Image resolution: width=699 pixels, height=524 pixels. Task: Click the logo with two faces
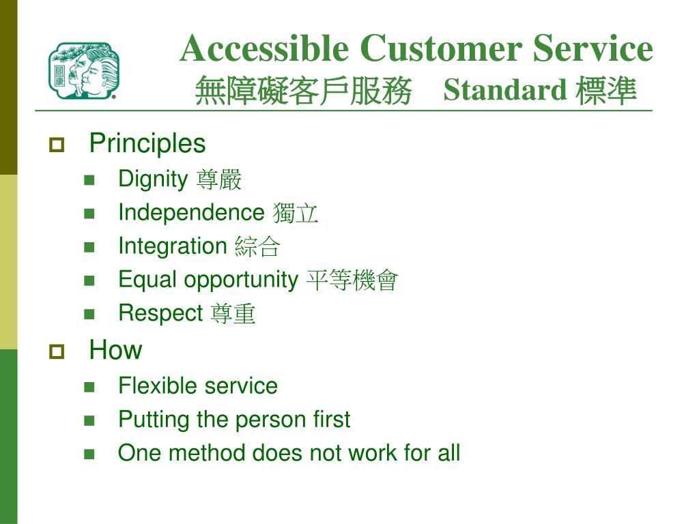pyautogui.click(x=84, y=70)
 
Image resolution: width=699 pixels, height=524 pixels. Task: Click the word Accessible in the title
pyautogui.click(x=264, y=48)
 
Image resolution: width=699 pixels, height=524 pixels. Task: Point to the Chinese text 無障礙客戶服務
pyautogui.click(x=303, y=91)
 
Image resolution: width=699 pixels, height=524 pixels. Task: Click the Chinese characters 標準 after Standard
pyautogui.click(x=605, y=91)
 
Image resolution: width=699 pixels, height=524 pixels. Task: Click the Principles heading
pyautogui.click(x=147, y=143)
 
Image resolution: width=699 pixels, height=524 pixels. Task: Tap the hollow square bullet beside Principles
pyautogui.click(x=57, y=145)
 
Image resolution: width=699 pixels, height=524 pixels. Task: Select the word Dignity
pyautogui.click(x=153, y=179)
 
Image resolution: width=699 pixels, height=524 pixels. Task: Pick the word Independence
pyautogui.click(x=191, y=212)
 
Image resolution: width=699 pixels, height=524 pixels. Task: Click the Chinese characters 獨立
pyautogui.click(x=295, y=213)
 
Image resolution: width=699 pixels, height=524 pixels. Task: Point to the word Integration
pyautogui.click(x=173, y=246)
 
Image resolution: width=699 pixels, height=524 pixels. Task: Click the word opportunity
pyautogui.click(x=241, y=280)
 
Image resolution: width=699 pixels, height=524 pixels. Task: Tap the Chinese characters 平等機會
pyautogui.click(x=352, y=280)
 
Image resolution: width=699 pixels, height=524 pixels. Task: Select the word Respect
pyautogui.click(x=160, y=314)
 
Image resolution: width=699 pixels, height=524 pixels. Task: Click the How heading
pyautogui.click(x=115, y=350)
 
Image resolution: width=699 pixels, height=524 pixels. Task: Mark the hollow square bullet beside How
pyautogui.click(x=57, y=351)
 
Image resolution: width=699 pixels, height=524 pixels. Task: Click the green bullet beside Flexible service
pyautogui.click(x=89, y=387)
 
